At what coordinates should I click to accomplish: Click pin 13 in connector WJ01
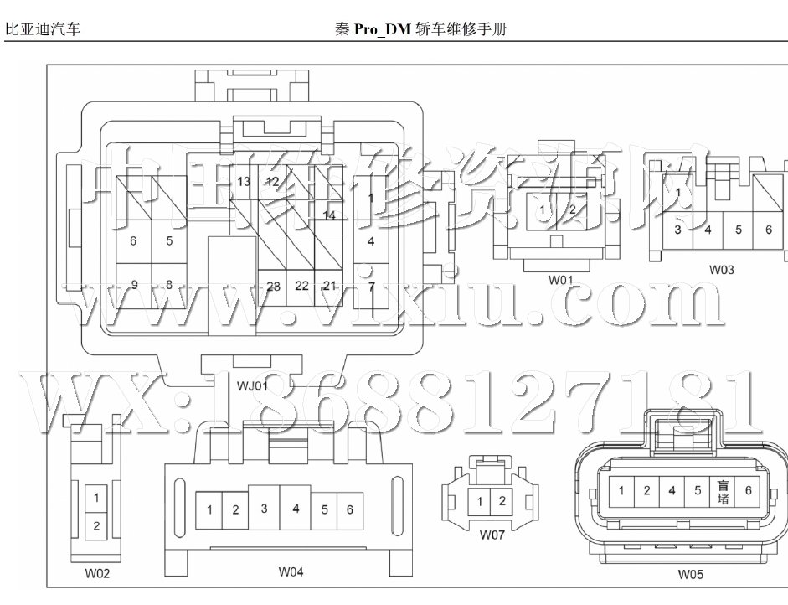[x=244, y=182]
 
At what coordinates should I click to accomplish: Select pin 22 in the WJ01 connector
[x=301, y=286]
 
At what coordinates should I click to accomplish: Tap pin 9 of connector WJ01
[x=134, y=286]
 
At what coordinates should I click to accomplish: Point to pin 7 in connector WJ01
[x=371, y=286]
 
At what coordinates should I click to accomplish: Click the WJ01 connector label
[x=251, y=386]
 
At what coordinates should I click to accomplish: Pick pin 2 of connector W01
[x=572, y=209]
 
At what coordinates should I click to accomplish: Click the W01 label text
[x=560, y=280]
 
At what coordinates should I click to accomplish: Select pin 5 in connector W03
[x=738, y=229]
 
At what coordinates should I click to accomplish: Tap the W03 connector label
[x=721, y=270]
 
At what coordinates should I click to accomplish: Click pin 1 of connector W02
[x=96, y=499]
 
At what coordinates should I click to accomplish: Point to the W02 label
[x=96, y=574]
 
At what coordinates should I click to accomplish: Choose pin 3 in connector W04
[x=264, y=508]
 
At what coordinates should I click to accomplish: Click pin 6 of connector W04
[x=349, y=509]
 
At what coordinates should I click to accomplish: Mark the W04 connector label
[x=291, y=571]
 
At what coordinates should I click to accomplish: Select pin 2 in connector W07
[x=502, y=501]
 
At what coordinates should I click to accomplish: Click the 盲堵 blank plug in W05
[x=724, y=492]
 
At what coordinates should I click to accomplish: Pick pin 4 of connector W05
[x=672, y=491]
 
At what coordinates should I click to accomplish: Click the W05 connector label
[x=691, y=575]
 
